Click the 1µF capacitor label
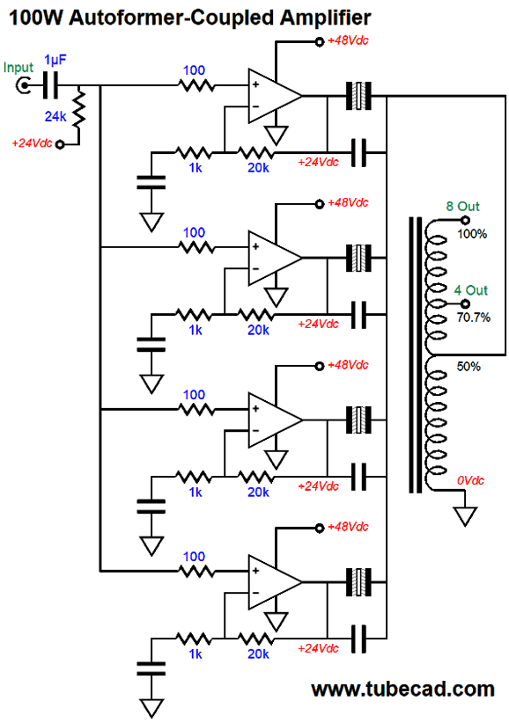pyautogui.click(x=55, y=60)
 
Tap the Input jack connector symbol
pyautogui.click(x=23, y=85)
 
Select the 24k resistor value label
pyautogui.click(x=55, y=117)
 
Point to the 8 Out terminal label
pyautogui.click(x=462, y=206)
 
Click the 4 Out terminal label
pyautogui.click(x=471, y=290)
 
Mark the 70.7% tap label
pyautogui.click(x=474, y=318)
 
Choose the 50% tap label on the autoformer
pyautogui.click(x=468, y=367)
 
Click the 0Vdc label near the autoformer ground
pyautogui.click(x=470, y=480)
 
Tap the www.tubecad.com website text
pyautogui.click(x=402, y=690)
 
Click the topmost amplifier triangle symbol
pyautogui.click(x=275, y=96)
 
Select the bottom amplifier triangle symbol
pyautogui.click(x=275, y=582)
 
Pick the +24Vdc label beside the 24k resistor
pyautogui.click(x=32, y=143)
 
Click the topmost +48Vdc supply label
pyautogui.click(x=348, y=40)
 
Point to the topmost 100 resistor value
pyautogui.click(x=194, y=70)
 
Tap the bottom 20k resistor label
pyautogui.click(x=258, y=654)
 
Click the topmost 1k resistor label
pyautogui.click(x=195, y=168)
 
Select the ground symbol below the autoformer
pyautogui.click(x=465, y=516)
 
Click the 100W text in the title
pyautogui.click(x=35, y=18)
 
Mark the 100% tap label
pyautogui.click(x=472, y=234)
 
